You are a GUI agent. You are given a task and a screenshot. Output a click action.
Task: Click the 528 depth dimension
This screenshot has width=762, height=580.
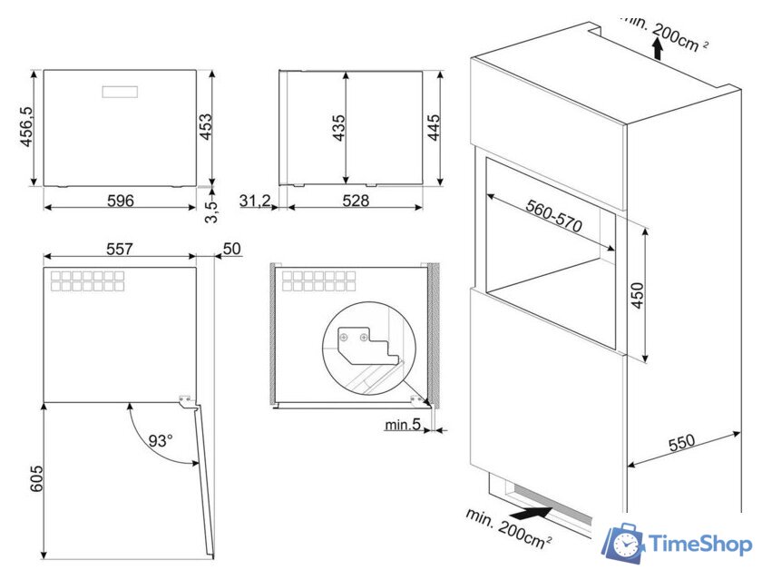coord(356,201)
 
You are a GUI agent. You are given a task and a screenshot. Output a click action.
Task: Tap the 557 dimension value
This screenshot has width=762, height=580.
coord(120,248)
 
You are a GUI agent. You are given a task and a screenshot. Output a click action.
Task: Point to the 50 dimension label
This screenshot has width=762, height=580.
coord(231,249)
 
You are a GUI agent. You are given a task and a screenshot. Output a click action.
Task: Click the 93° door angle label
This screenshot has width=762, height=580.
coord(161,442)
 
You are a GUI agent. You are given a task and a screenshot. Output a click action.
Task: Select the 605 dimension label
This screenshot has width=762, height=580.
coord(36,479)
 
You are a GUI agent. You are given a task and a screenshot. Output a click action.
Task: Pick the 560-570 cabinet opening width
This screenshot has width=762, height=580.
coord(553,218)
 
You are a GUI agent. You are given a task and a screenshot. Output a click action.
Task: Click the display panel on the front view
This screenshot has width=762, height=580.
coord(121,92)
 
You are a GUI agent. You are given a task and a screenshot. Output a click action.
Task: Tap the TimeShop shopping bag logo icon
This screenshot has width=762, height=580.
coord(624,544)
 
